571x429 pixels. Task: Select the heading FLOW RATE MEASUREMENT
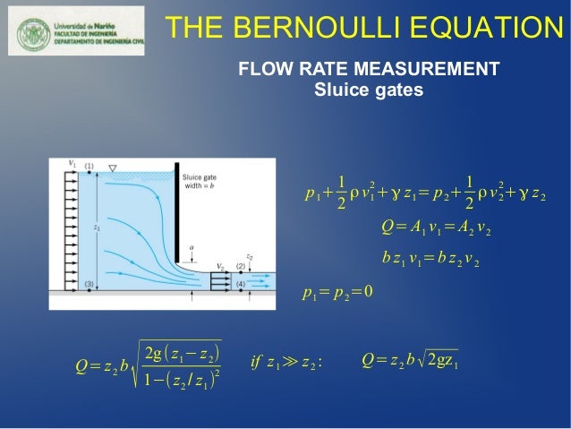tap(367, 70)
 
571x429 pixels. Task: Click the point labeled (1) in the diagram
tap(89, 167)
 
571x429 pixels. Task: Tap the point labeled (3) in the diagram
tap(89, 284)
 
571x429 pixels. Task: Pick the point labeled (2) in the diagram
tap(242, 267)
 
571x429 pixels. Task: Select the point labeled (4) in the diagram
tap(242, 285)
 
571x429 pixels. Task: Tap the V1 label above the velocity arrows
tap(72, 162)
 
